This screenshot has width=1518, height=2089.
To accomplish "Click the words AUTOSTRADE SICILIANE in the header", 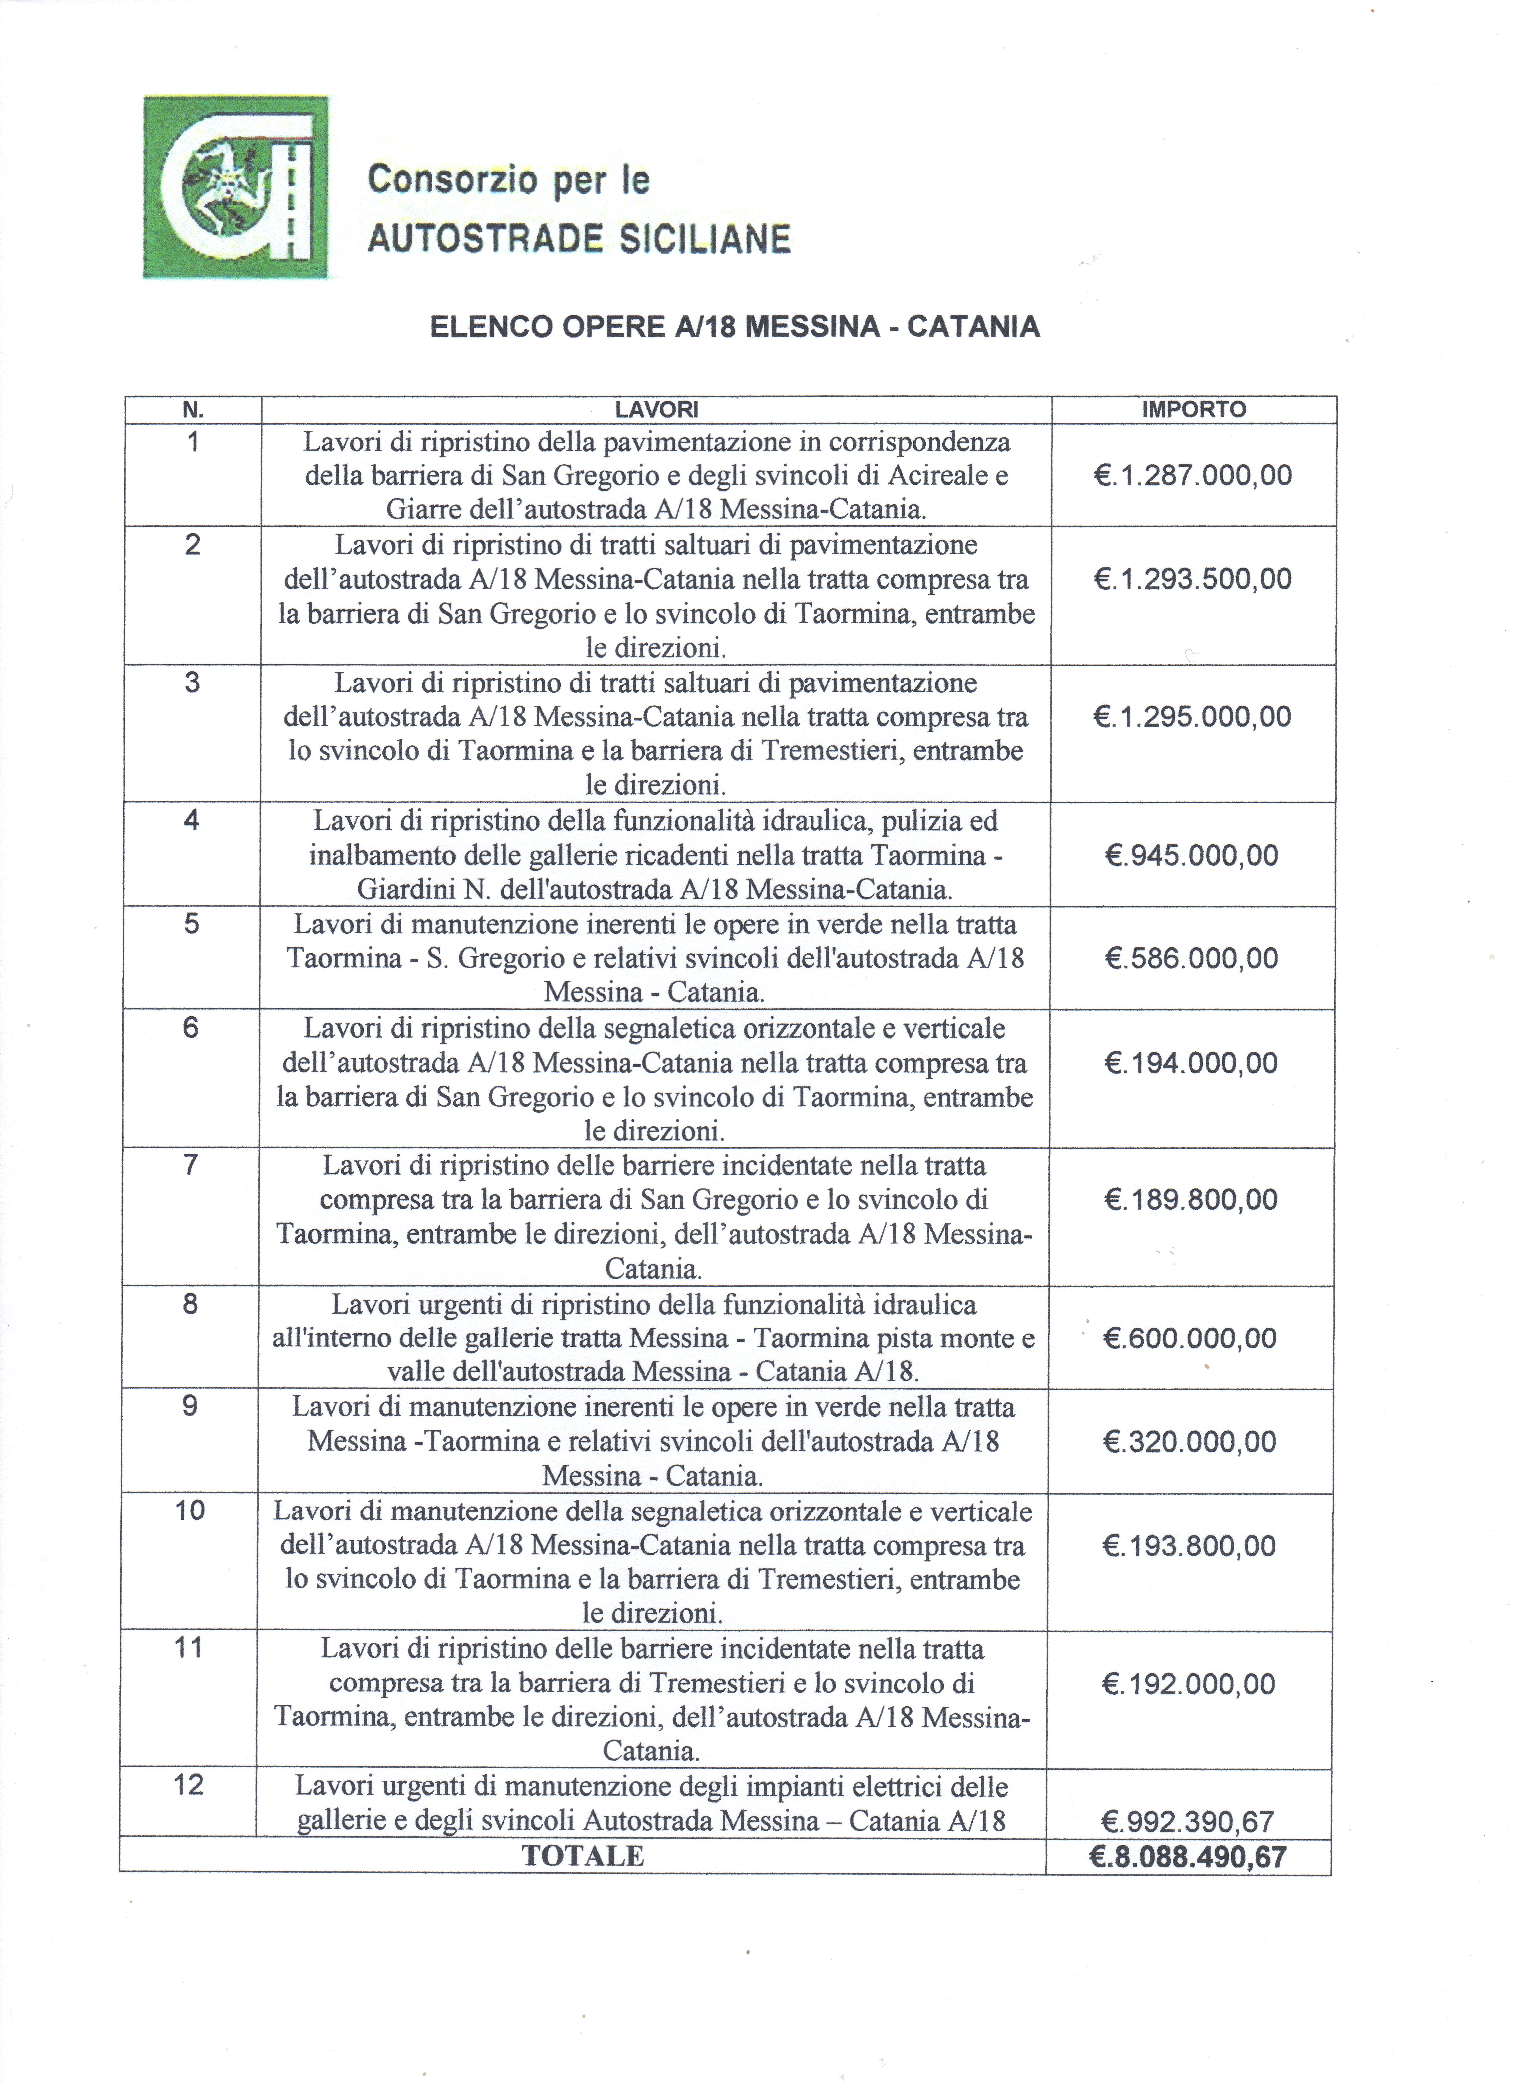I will (x=578, y=240).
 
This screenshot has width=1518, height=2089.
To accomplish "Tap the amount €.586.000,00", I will (x=1191, y=959).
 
